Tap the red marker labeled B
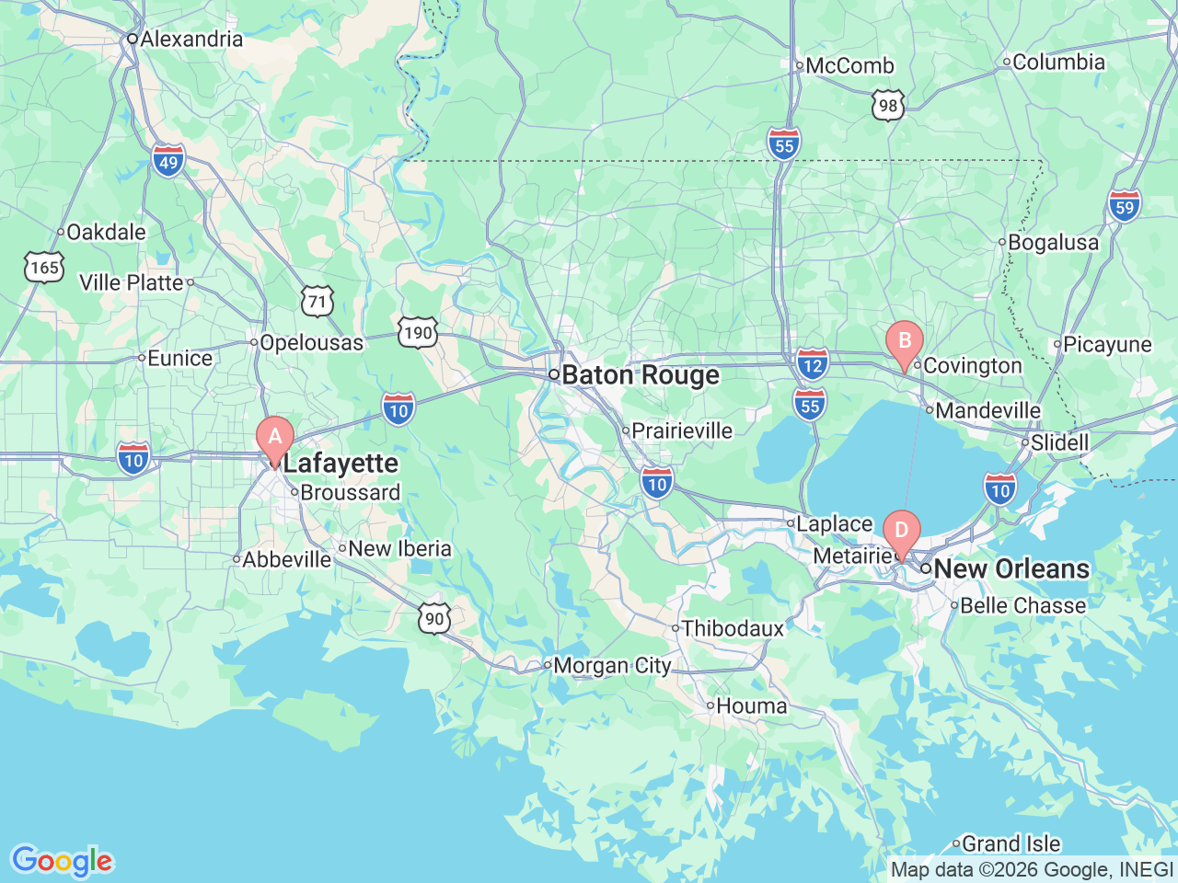click(x=904, y=342)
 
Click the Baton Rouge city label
click(x=640, y=375)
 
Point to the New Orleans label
click(x=1011, y=568)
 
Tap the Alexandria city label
click(x=191, y=39)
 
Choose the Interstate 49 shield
click(x=168, y=163)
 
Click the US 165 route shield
click(x=44, y=268)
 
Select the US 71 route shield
click(x=317, y=301)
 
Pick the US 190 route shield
click(x=418, y=332)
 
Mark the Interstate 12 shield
click(x=812, y=364)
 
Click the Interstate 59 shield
click(x=1125, y=206)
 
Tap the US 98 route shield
click(x=888, y=105)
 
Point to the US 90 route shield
click(x=435, y=618)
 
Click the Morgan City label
click(x=612, y=665)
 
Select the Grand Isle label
click(x=1011, y=843)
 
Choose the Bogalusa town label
click(x=1053, y=242)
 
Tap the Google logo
click(x=62, y=861)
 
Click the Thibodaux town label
click(x=733, y=628)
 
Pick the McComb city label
click(x=849, y=65)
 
